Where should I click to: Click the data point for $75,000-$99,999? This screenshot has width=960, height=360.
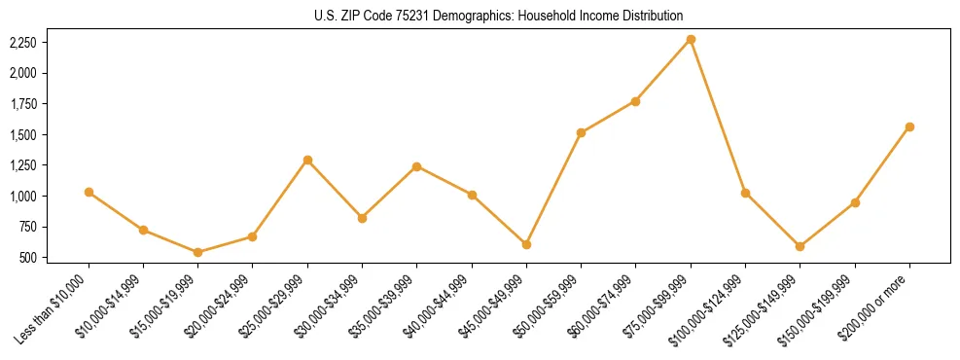[x=691, y=39]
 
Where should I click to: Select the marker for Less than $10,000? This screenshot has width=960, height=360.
[x=89, y=192]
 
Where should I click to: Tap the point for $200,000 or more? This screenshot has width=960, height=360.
[x=909, y=126]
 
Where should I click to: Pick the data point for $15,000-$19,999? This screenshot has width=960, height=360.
[x=198, y=252]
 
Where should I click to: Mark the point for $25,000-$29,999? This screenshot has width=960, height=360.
[x=307, y=160]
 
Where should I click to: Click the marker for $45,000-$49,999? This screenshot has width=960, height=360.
[x=526, y=244]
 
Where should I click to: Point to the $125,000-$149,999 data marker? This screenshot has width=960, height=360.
[x=800, y=246]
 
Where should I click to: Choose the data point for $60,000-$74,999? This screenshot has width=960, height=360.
[x=636, y=101]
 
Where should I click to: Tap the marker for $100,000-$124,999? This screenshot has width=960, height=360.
[x=745, y=193]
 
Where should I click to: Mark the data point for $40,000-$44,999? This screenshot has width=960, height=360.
[x=472, y=195]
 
